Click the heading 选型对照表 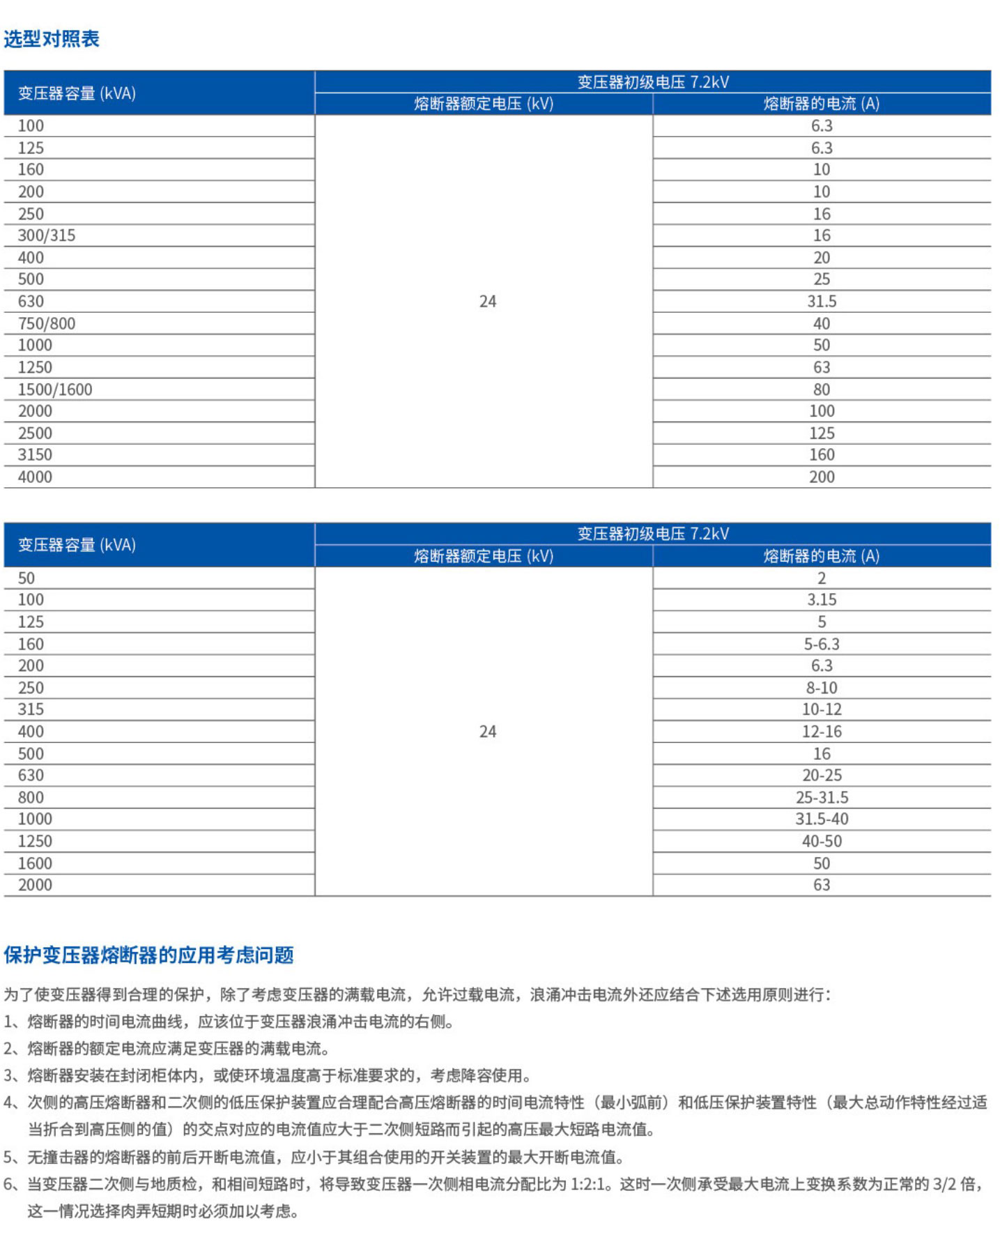[x=52, y=39]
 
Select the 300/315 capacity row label [x=47, y=236]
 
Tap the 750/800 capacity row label [x=47, y=323]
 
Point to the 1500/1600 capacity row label [x=55, y=390]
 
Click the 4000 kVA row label [x=35, y=477]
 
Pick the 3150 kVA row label [x=35, y=455]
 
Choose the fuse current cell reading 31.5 [x=822, y=302]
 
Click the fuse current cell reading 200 [x=822, y=477]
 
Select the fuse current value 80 [x=822, y=390]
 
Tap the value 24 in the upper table [x=488, y=302]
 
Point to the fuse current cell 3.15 [x=822, y=600]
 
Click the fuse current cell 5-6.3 [x=822, y=644]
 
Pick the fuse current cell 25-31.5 [x=822, y=797]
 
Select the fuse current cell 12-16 [x=822, y=732]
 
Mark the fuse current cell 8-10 [x=822, y=688]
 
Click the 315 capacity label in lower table [x=31, y=709]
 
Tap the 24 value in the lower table [x=488, y=732]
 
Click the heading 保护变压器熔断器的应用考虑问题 [x=148, y=955]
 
